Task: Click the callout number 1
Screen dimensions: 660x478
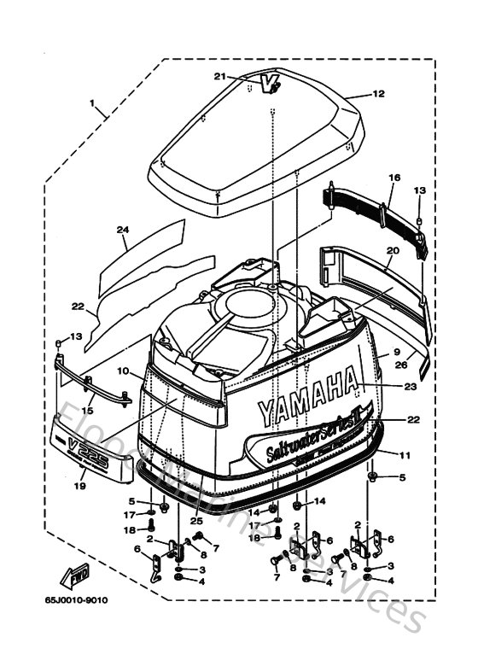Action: coord(90,103)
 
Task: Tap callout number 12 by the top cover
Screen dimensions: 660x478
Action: coord(379,94)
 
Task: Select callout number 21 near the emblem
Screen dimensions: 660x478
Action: coord(220,77)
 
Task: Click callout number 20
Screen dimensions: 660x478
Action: coord(393,250)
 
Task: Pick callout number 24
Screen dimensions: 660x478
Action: coord(122,230)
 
